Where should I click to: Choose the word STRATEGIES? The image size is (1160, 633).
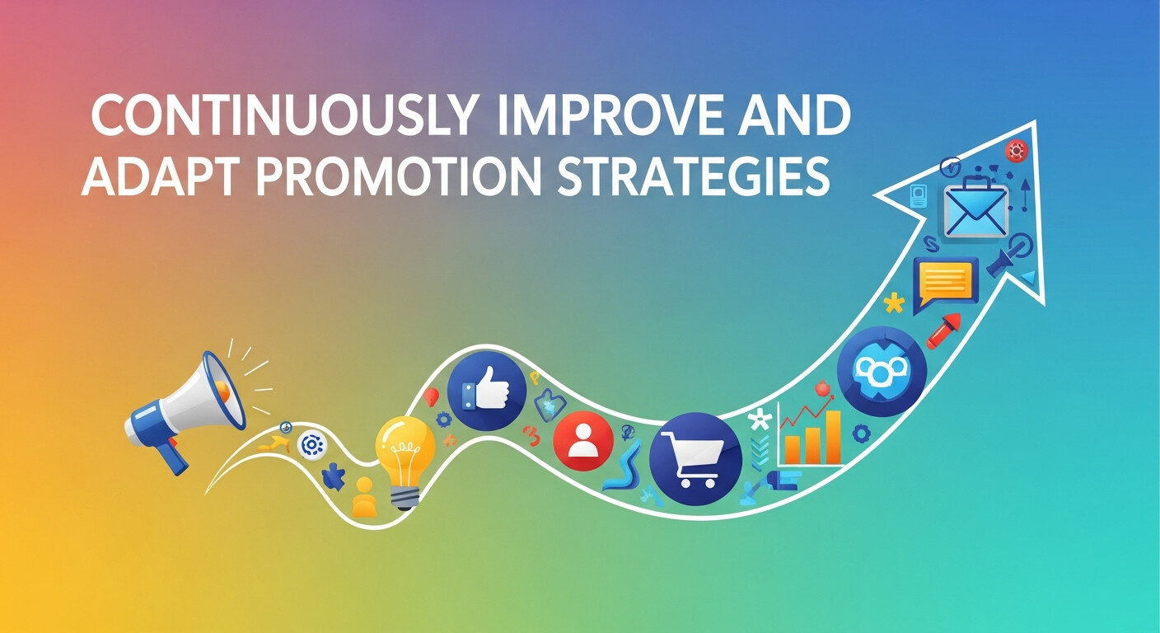(x=692, y=176)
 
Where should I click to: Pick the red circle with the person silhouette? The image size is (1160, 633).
(x=583, y=440)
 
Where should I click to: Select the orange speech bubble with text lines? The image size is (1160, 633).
(x=946, y=283)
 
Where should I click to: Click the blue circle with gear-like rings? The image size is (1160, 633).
(x=882, y=370)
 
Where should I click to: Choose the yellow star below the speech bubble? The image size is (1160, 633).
(x=893, y=303)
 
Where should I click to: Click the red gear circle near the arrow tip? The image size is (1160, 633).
(x=1016, y=151)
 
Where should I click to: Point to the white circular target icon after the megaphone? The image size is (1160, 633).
(x=312, y=445)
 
